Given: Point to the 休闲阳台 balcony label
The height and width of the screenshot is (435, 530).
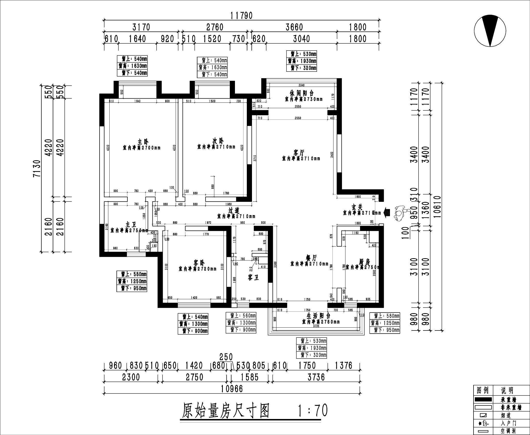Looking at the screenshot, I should click(301, 93).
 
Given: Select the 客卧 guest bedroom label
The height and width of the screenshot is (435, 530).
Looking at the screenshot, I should click(199, 263).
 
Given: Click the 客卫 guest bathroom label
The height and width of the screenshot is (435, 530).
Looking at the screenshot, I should click(253, 278).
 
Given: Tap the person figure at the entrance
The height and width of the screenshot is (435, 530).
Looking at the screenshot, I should click(400, 213).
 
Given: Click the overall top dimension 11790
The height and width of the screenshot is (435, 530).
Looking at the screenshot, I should click(242, 15).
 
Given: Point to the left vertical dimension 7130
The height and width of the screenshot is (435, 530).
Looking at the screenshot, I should click(37, 168).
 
